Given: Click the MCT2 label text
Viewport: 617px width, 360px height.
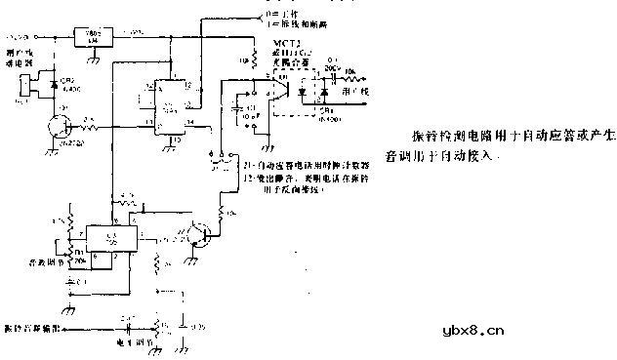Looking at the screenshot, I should pos(266,45).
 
